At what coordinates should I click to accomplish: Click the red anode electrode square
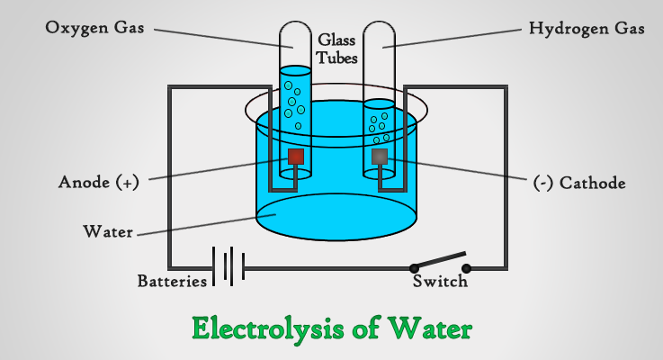coord(294,157)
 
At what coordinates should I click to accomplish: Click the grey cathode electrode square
coord(380,157)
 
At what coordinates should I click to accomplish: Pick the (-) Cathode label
coord(579,183)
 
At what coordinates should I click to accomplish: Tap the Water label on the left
coord(108,231)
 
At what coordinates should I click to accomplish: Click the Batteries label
coord(171,281)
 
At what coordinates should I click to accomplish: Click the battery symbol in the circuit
coord(228,266)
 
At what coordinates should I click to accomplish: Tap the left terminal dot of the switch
coord(414,268)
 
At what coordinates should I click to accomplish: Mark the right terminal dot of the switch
coord(467,268)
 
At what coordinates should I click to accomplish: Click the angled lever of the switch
coord(440,259)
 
